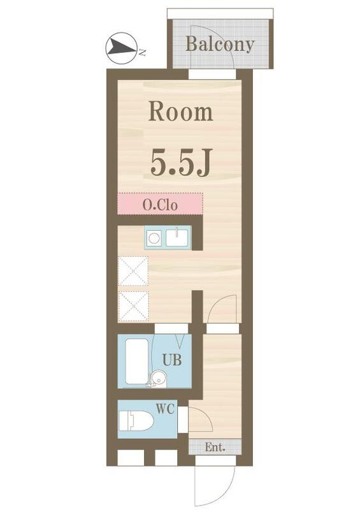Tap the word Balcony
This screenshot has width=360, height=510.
[x=220, y=45]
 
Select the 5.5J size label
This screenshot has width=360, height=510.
[x=180, y=163]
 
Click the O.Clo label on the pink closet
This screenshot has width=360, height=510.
[x=159, y=205]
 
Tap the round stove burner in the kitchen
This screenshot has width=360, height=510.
[x=154, y=238]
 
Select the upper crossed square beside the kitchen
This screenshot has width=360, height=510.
[x=133, y=271]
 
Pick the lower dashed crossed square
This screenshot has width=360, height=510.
[x=133, y=306]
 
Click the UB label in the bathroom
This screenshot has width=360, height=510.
[x=171, y=360]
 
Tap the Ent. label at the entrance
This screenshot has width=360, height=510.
[x=215, y=448]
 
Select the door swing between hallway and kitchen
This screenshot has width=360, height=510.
[x=220, y=309]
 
